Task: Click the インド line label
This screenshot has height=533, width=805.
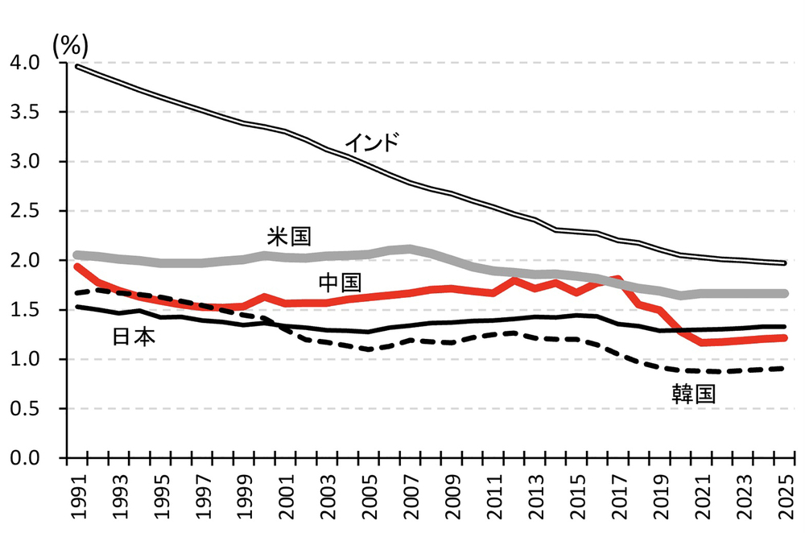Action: point(372,143)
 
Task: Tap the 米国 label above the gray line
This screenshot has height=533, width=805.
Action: point(289,236)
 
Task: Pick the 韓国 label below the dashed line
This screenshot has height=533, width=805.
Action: point(694,393)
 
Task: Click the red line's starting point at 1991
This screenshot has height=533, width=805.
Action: point(76,266)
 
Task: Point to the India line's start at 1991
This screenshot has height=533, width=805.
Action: point(76,66)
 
